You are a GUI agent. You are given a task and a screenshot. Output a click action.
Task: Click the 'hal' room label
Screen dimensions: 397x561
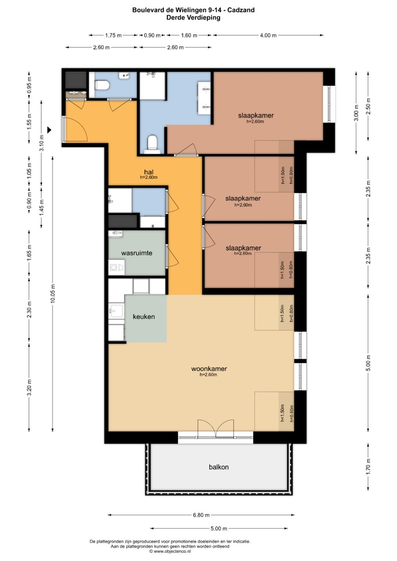coord(149,172)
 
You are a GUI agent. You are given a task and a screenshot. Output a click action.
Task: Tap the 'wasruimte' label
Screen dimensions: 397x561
coord(136,253)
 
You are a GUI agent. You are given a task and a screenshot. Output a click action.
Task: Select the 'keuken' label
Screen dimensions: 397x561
coord(144,317)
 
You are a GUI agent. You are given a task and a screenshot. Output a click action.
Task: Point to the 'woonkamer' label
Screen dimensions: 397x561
coord(209,369)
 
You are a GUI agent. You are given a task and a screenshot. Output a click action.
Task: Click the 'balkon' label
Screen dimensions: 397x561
coord(219,467)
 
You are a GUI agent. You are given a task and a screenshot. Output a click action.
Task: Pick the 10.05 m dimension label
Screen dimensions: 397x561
coord(53,293)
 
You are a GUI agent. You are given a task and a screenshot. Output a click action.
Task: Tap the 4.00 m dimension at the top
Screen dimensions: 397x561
coord(268,35)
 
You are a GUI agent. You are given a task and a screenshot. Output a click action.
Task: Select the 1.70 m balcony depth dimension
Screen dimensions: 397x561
coord(368,467)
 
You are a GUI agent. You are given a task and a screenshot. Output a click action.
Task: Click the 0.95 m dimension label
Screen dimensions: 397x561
coord(29,85)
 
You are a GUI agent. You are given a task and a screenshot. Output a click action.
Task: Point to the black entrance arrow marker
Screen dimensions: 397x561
coord(50,130)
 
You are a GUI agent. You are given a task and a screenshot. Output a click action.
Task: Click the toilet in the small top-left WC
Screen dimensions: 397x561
coord(102,85)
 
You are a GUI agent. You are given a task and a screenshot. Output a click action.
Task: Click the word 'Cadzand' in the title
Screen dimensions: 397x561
coord(241,10)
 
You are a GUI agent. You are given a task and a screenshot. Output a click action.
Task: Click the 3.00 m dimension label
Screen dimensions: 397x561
coord(356,113)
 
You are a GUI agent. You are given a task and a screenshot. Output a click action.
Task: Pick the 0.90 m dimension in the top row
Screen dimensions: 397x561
coord(152,35)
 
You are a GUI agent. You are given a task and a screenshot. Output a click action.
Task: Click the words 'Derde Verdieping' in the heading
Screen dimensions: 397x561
coord(193,18)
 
